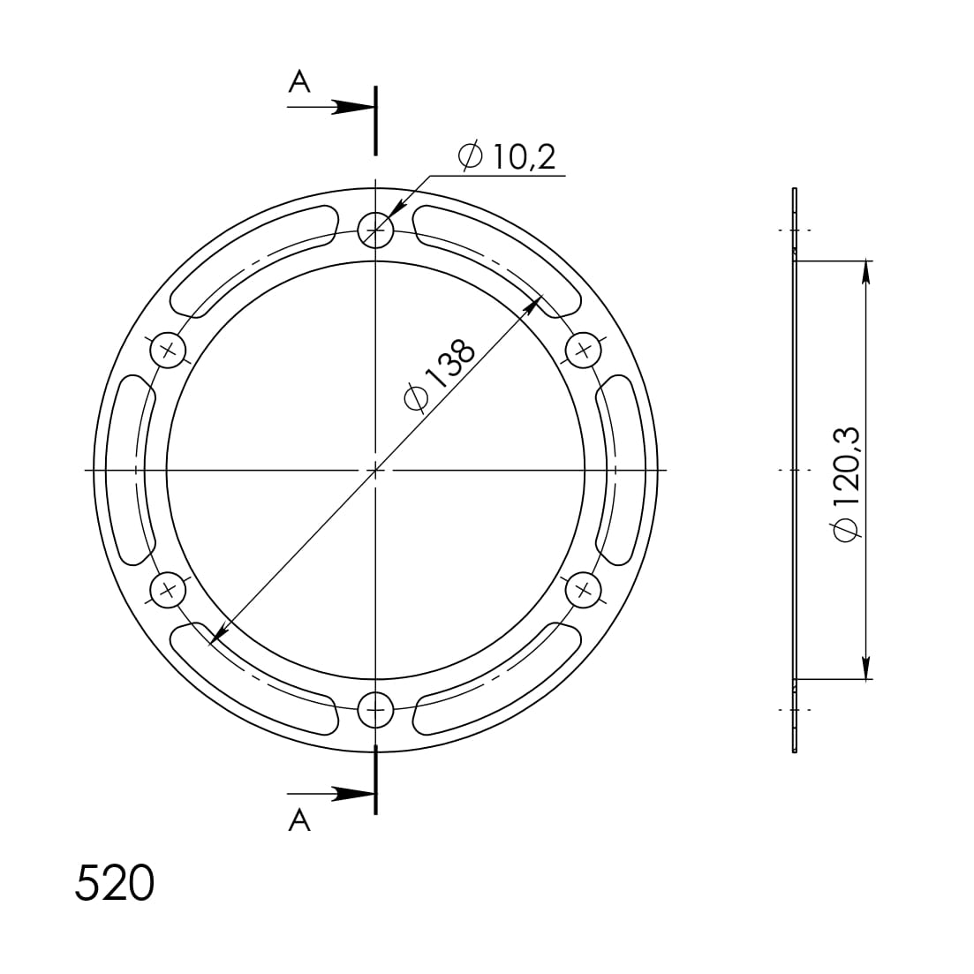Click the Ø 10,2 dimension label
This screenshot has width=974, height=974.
[x=508, y=157]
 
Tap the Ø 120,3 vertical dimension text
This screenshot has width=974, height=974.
[x=846, y=482]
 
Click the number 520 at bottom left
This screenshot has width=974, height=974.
[x=115, y=883]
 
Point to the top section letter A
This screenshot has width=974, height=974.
[x=299, y=82]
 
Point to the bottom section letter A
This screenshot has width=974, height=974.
[x=299, y=821]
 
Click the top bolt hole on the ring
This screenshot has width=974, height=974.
[x=376, y=230]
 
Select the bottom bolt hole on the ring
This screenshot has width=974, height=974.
[x=376, y=708]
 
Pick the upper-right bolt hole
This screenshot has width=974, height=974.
[x=583, y=351]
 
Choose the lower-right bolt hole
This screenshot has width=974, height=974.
[x=583, y=590]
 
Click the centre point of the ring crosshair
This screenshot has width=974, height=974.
[x=376, y=470]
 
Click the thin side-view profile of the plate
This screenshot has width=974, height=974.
[x=795, y=470]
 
